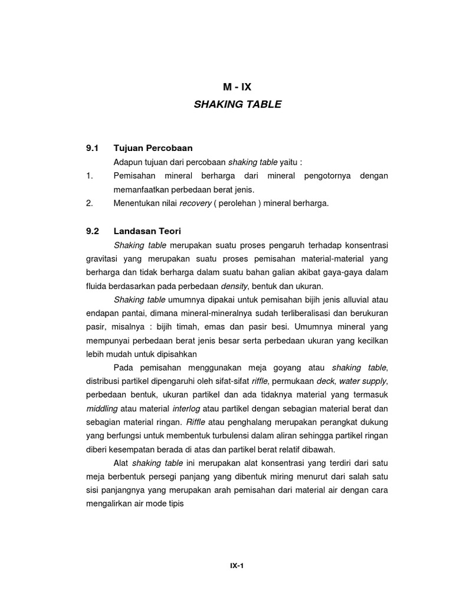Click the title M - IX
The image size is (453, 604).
click(x=237, y=87)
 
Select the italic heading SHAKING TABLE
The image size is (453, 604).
click(x=237, y=104)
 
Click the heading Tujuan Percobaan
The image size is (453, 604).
click(x=153, y=148)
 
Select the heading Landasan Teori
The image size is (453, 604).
click(x=149, y=231)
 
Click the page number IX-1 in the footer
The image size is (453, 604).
click(x=237, y=565)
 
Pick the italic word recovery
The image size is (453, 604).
click(x=195, y=203)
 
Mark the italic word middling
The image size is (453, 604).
click(x=102, y=409)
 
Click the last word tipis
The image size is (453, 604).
click(x=175, y=505)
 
